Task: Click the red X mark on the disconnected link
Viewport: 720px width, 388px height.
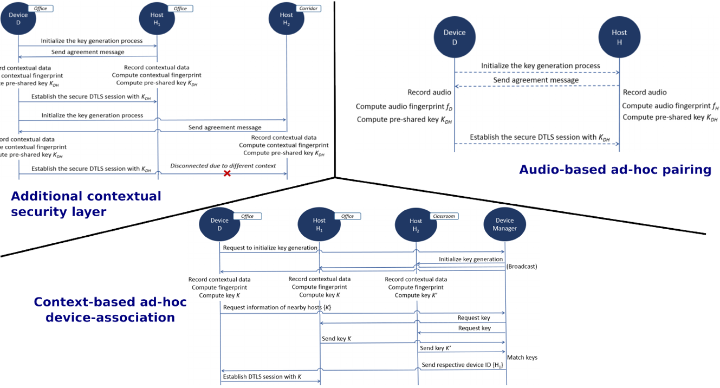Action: [x=227, y=173]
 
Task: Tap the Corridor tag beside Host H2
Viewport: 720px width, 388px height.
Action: [x=308, y=9]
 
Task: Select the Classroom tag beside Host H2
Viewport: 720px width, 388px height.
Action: [x=444, y=216]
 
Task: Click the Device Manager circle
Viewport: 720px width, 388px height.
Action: [x=504, y=224]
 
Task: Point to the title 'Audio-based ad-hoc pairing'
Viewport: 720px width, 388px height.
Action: [x=615, y=170]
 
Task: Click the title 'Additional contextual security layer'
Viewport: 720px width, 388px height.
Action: [x=86, y=204]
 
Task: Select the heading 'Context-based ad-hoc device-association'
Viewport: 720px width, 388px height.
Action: [x=110, y=309]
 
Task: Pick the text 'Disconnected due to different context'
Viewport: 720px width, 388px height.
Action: [x=223, y=166]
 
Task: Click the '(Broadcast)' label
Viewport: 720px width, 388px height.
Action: [x=522, y=267]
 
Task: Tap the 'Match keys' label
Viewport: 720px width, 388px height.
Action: [x=522, y=358]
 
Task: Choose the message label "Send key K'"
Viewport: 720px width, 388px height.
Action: [x=436, y=348]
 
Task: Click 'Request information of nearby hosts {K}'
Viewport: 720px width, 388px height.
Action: [x=277, y=308]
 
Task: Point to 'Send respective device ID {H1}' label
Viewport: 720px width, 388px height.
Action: [x=462, y=365]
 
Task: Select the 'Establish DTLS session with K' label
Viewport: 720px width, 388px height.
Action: [x=262, y=377]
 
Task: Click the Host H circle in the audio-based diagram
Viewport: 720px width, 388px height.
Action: [x=619, y=37]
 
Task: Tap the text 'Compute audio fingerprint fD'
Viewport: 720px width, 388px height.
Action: [x=404, y=107]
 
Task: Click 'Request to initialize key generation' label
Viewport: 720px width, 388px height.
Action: [x=270, y=248]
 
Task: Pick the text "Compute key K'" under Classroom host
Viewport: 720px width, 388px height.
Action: [x=416, y=295]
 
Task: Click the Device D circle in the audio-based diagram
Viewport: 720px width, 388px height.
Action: [x=455, y=37]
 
